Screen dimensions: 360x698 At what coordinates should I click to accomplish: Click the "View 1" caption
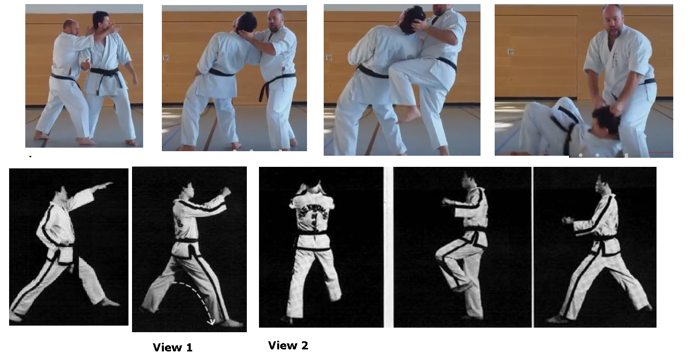click(172, 348)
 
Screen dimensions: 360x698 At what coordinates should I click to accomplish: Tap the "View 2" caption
click(288, 346)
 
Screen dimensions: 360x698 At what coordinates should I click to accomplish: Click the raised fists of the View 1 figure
click(225, 192)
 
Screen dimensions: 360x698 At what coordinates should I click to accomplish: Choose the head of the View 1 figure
click(187, 191)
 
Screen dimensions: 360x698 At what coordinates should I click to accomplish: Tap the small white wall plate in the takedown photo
click(510, 52)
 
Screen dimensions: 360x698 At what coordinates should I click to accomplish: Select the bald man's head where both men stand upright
click(71, 27)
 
